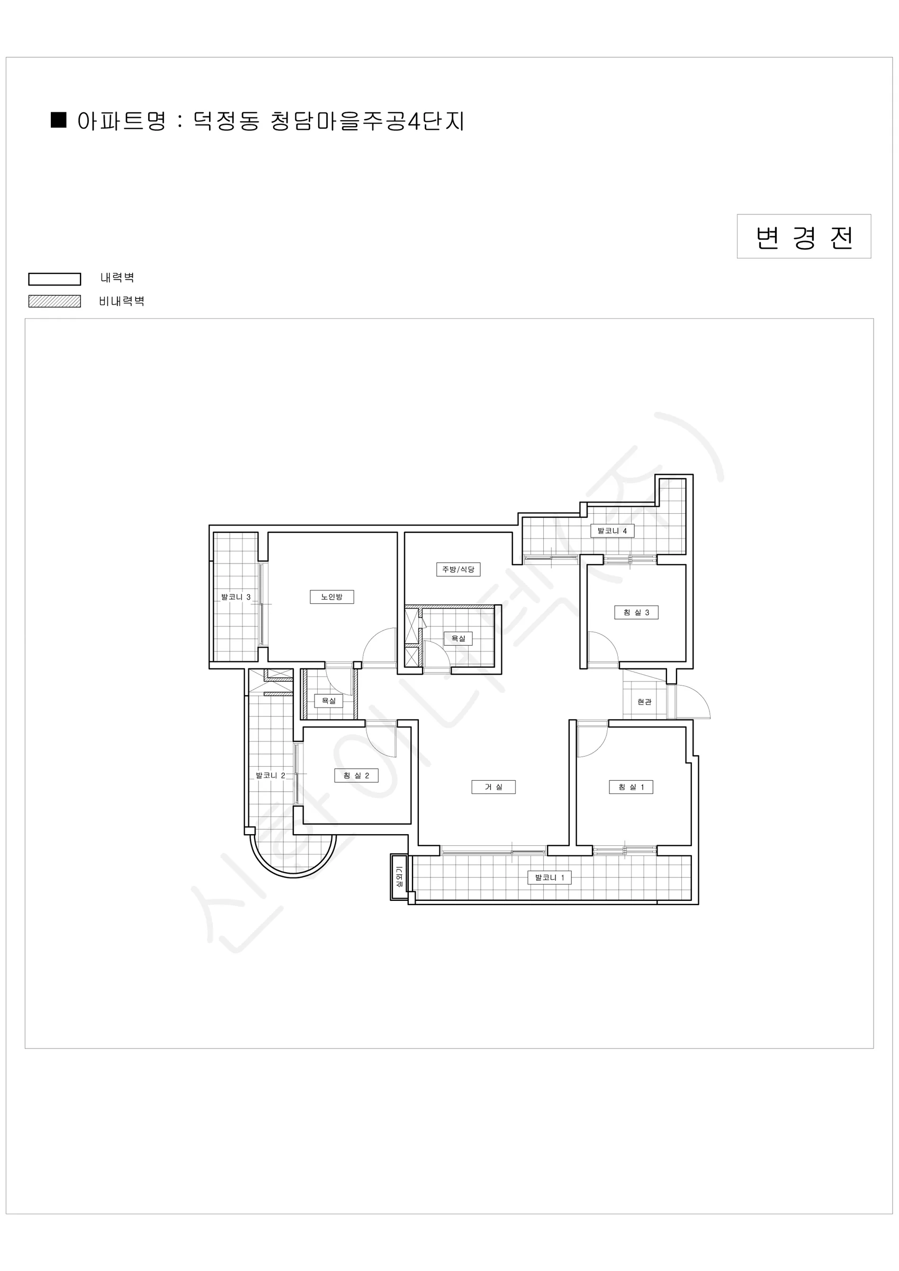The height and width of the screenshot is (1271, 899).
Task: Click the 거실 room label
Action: coord(493,786)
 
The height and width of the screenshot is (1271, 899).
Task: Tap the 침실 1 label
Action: coord(631,786)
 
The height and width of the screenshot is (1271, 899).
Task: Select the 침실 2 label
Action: coord(356,775)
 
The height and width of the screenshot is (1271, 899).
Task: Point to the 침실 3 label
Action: coord(636,612)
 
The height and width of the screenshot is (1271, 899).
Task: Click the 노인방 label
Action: coord(331,597)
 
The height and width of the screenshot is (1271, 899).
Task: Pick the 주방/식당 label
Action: coord(458,569)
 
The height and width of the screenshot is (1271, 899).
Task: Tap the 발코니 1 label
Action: coord(549,878)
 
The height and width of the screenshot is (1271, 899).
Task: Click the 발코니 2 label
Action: coord(270,775)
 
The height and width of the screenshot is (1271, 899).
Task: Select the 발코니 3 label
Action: coord(236,597)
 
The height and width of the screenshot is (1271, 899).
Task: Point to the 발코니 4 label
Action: coord(612,531)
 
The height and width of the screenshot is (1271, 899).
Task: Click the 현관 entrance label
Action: coord(644,702)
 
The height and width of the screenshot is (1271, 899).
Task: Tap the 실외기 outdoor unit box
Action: coord(399,877)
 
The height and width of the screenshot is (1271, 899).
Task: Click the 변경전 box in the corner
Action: coord(804,236)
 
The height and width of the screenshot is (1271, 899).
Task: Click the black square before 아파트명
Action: coord(59,120)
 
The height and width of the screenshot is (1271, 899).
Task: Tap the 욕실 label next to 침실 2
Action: coord(329,701)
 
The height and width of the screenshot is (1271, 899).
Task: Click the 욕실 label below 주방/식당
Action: coord(459,638)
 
